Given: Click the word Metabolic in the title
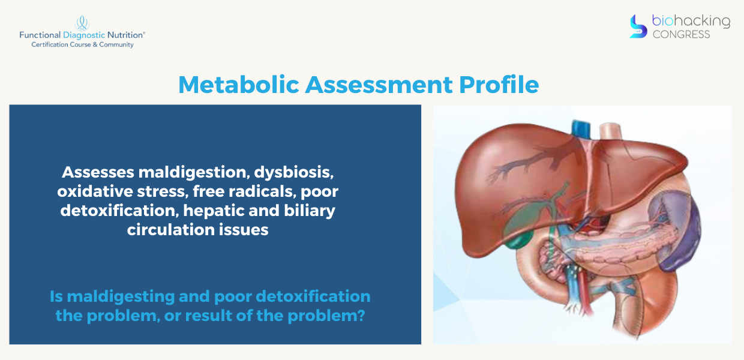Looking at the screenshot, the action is point(239,85).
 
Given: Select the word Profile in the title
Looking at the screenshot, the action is point(499,85).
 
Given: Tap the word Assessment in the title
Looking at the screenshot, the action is point(379,85).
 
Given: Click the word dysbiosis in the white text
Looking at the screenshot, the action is point(294,173).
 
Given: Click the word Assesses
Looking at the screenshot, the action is point(98,172).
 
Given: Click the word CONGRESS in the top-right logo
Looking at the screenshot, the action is point(681,34).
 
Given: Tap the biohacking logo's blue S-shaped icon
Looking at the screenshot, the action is point(638,26).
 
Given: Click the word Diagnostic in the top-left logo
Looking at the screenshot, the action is point(84,35).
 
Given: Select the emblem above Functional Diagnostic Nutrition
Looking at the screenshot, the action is point(82,23).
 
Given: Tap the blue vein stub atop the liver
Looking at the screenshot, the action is point(581,130).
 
